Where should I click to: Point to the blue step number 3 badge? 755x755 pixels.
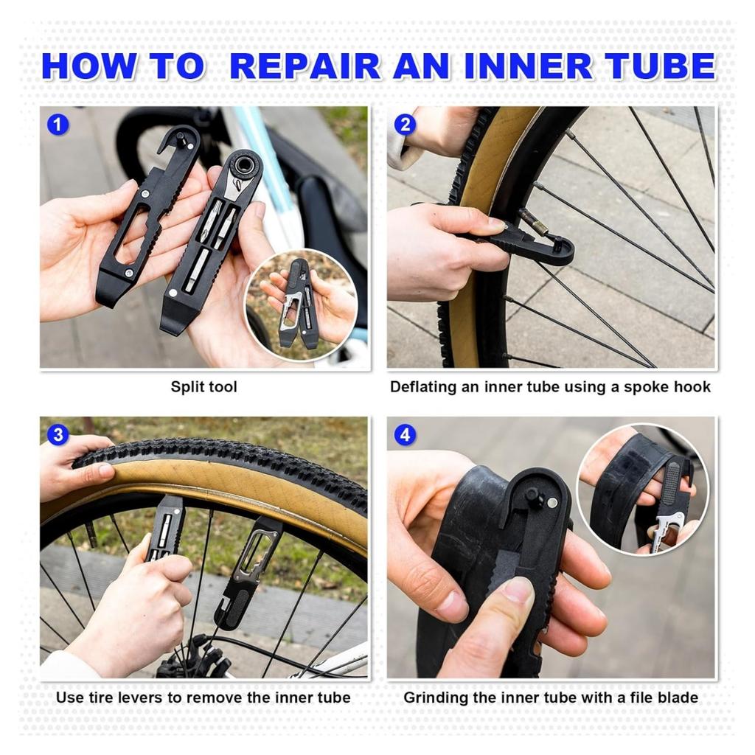(x=58, y=435)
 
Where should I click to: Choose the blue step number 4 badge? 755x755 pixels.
(x=405, y=435)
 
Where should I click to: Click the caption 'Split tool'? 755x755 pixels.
(x=204, y=386)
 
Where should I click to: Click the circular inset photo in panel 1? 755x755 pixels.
(x=302, y=305)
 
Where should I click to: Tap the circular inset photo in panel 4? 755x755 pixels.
(x=642, y=488)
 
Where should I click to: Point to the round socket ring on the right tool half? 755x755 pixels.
(x=243, y=164)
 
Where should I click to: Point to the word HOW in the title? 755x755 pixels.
(x=89, y=66)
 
